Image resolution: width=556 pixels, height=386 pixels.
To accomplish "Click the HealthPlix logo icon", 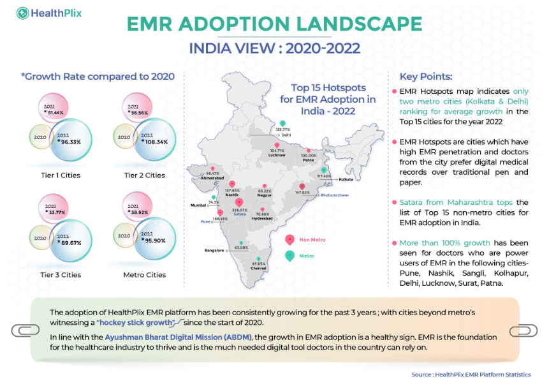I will coord(23,12).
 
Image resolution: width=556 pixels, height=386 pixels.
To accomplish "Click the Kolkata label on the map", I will coord(346,180).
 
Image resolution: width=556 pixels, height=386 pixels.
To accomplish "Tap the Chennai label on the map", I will coord(259,268).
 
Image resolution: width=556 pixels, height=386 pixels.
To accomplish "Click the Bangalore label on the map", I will coord(214,251).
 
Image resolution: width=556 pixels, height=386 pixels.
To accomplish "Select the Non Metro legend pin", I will coord(289,239).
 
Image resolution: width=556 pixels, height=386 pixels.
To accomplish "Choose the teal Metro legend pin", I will coord(289,255).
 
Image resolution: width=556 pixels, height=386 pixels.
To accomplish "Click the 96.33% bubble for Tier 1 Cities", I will coord(71,142).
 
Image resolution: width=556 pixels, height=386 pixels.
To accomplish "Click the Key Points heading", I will coord(425,76).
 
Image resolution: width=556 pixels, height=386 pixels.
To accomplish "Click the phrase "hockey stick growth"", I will coord(143,322).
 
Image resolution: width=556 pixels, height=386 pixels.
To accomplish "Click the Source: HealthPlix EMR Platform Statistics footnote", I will coord(471,375).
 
